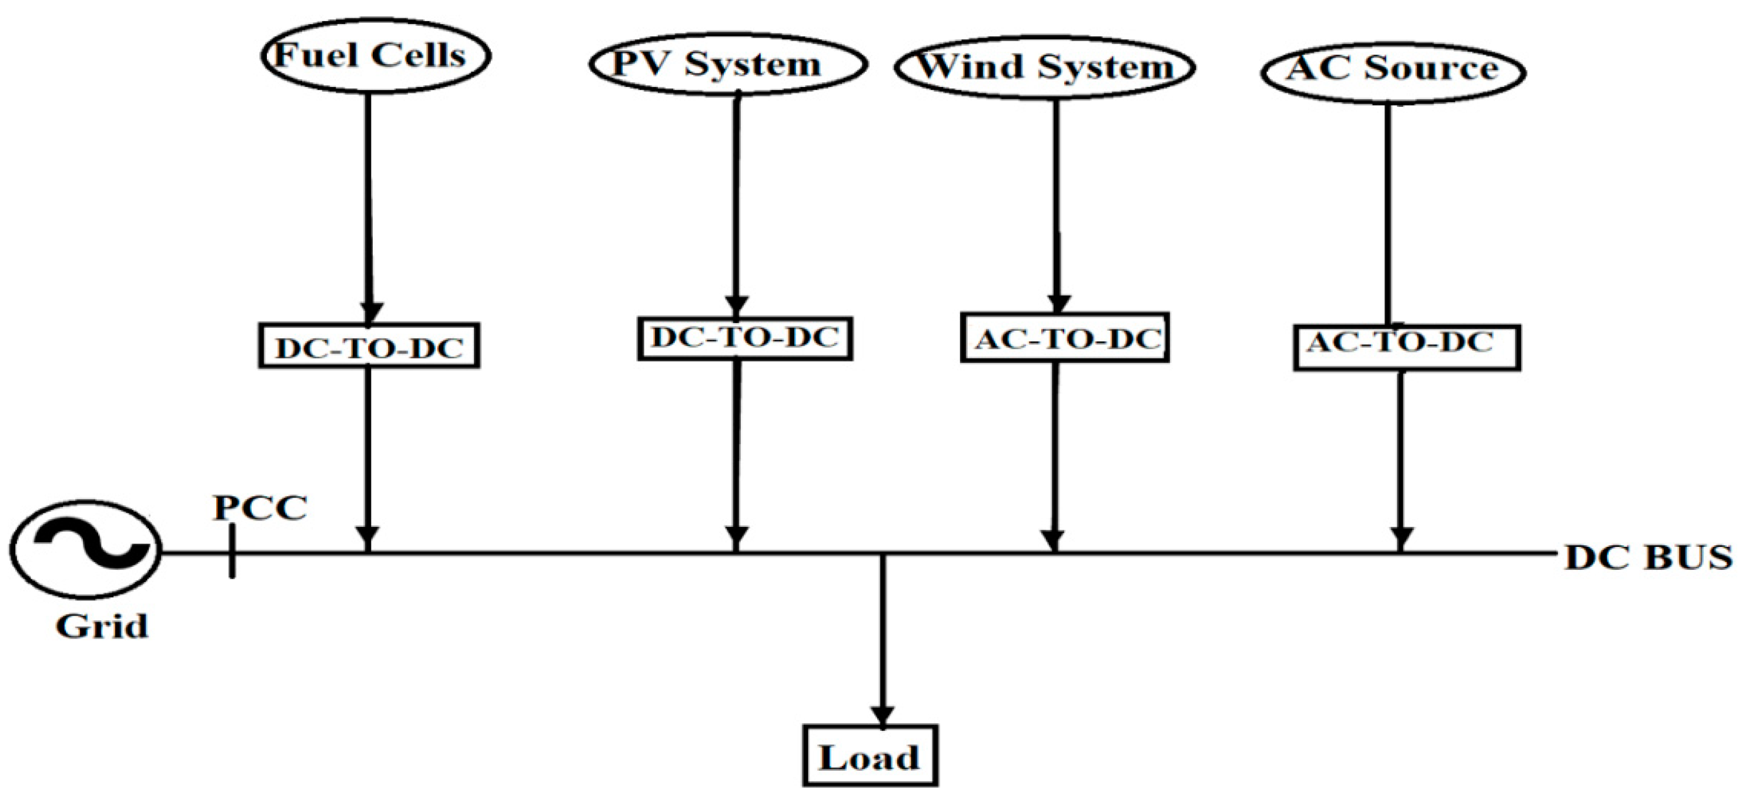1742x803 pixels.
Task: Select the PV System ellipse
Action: click(728, 65)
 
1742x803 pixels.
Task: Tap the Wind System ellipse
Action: click(1045, 68)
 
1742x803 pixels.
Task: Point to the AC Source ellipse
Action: click(1393, 70)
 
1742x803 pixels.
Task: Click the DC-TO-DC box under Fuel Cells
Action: click(369, 346)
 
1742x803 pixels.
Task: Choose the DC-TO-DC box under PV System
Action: click(744, 338)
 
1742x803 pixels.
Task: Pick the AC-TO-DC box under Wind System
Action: click(1065, 338)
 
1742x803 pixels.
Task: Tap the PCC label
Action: click(260, 508)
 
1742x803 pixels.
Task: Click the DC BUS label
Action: click(1649, 558)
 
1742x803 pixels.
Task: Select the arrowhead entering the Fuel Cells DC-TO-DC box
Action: click(369, 313)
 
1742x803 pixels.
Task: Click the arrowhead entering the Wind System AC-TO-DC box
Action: click(1058, 304)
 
